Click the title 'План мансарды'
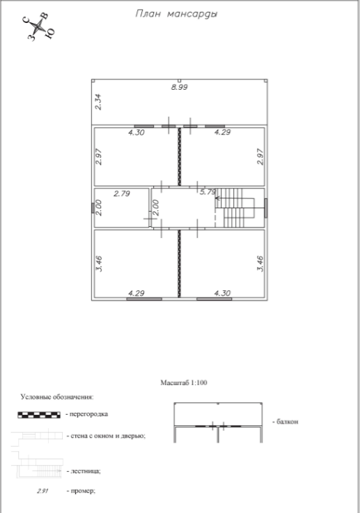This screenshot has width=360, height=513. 176,14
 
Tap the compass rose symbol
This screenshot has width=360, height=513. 39,26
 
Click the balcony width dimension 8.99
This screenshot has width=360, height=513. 180,87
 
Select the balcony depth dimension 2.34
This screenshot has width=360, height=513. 98,102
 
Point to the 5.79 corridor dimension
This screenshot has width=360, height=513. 208,191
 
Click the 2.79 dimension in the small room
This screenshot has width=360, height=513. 122,194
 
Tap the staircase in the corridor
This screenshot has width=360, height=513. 235,207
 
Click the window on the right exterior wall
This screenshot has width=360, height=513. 266,207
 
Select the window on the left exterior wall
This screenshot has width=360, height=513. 93,207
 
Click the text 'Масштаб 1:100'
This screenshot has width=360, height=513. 184,382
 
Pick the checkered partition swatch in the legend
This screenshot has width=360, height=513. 39,415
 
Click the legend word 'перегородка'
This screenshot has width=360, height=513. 88,414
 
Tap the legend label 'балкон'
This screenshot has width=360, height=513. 287,422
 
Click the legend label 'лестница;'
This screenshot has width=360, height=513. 86,471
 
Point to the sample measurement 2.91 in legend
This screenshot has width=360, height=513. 43,491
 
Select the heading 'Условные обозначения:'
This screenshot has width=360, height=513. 57,397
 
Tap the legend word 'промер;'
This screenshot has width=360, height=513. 83,491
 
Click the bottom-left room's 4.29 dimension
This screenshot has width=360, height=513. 136,293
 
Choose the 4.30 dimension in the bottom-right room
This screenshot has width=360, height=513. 223,293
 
